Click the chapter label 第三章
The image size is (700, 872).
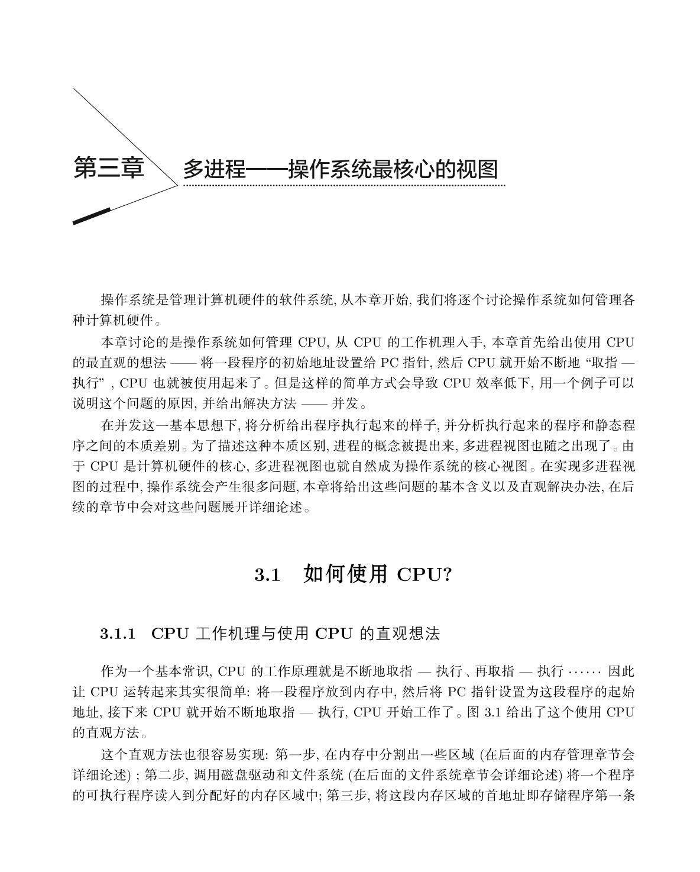click(109, 168)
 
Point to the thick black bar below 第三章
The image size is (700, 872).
click(92, 217)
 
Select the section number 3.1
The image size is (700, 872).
click(267, 575)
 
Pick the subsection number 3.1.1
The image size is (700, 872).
click(118, 634)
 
